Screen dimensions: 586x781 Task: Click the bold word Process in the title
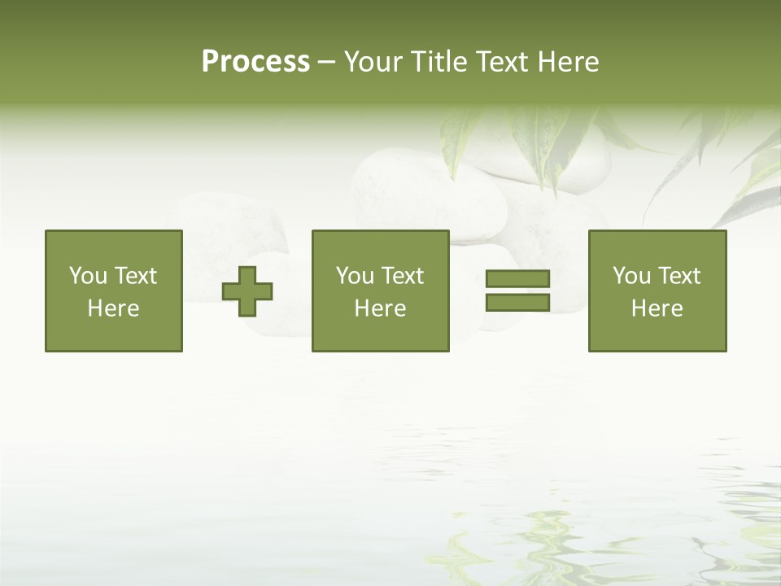pyautogui.click(x=255, y=62)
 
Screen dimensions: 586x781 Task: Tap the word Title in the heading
pyautogui.click(x=440, y=62)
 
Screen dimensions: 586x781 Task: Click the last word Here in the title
pyautogui.click(x=568, y=62)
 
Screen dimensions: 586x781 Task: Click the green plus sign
pyautogui.click(x=247, y=291)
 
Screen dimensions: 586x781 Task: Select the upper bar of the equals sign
pyautogui.click(x=517, y=279)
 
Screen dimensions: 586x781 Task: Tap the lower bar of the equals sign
pyautogui.click(x=517, y=303)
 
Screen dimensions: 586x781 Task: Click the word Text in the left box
pyautogui.click(x=136, y=276)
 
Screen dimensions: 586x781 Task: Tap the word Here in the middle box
pyautogui.click(x=381, y=308)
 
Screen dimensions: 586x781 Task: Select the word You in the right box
pyautogui.click(x=631, y=276)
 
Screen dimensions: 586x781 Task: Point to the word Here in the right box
pyautogui.click(x=657, y=308)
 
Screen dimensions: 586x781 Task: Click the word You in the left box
pyautogui.click(x=88, y=276)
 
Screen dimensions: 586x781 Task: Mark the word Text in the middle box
pyautogui.click(x=403, y=276)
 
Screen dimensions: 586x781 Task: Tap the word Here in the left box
pyautogui.click(x=114, y=308)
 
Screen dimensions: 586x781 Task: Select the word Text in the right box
pyautogui.click(x=679, y=276)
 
